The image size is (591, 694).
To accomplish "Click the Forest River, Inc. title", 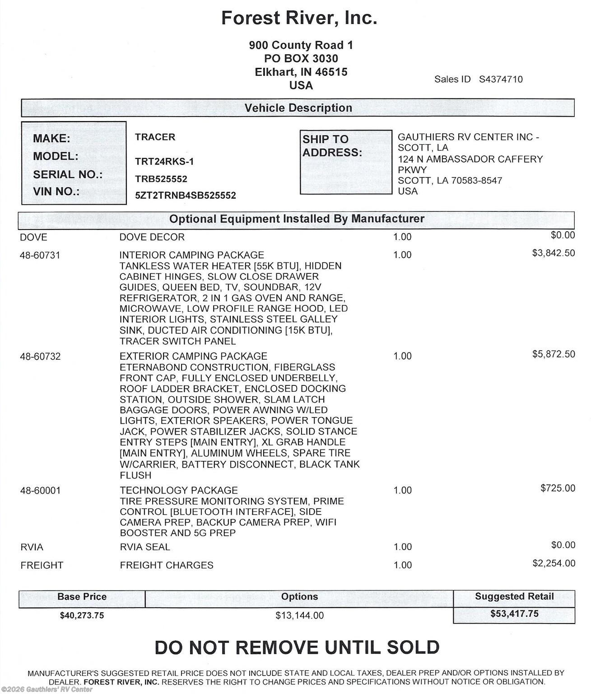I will pyautogui.click(x=299, y=18).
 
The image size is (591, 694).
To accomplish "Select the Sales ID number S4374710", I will pyautogui.click(x=501, y=80).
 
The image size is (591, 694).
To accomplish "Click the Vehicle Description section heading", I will pyautogui.click(x=298, y=108).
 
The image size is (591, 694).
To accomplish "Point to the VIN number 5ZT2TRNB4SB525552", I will pyautogui.click(x=185, y=196).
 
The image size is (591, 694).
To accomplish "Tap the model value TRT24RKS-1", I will pyautogui.click(x=164, y=162).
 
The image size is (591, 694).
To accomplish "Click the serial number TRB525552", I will pyautogui.click(x=161, y=179).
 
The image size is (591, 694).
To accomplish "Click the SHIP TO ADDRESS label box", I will pyautogui.click(x=346, y=162).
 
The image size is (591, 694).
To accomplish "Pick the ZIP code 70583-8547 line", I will pyautogui.click(x=450, y=181).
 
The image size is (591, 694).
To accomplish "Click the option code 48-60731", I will pyautogui.click(x=40, y=255).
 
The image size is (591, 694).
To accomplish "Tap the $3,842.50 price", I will pyautogui.click(x=554, y=253).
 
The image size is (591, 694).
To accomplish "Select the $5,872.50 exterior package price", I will pyautogui.click(x=554, y=354).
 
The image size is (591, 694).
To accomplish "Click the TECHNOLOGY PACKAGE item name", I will pyautogui.click(x=179, y=490).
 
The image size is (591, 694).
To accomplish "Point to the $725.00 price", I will pyautogui.click(x=558, y=488).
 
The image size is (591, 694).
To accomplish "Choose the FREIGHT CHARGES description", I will pyautogui.click(x=167, y=565).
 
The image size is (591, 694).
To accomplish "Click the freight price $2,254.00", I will pyautogui.click(x=554, y=563).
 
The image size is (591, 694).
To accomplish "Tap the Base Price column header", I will pyautogui.click(x=82, y=597).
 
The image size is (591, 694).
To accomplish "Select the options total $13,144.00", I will pyautogui.click(x=300, y=615).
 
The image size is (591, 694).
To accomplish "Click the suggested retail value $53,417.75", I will pyautogui.click(x=514, y=614).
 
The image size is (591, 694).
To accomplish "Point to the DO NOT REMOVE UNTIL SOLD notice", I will pyautogui.click(x=297, y=647).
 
